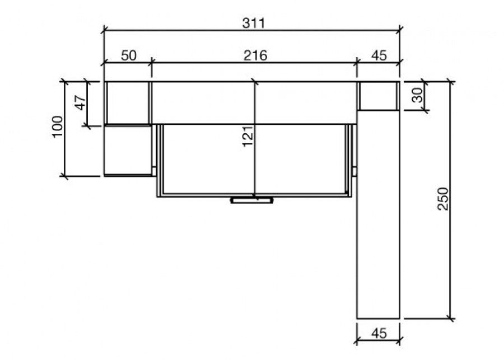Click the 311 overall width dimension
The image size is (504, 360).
[254, 23]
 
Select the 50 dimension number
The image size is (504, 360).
[129, 55]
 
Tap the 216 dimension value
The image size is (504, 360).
[255, 55]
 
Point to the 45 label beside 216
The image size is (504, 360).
[379, 55]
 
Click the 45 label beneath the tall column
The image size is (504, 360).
[379, 333]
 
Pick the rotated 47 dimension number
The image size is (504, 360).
[80, 103]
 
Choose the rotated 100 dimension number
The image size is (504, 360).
[57, 127]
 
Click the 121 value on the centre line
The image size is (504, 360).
[248, 137]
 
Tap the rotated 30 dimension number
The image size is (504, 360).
[418, 95]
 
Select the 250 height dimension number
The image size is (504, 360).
[442, 199]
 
